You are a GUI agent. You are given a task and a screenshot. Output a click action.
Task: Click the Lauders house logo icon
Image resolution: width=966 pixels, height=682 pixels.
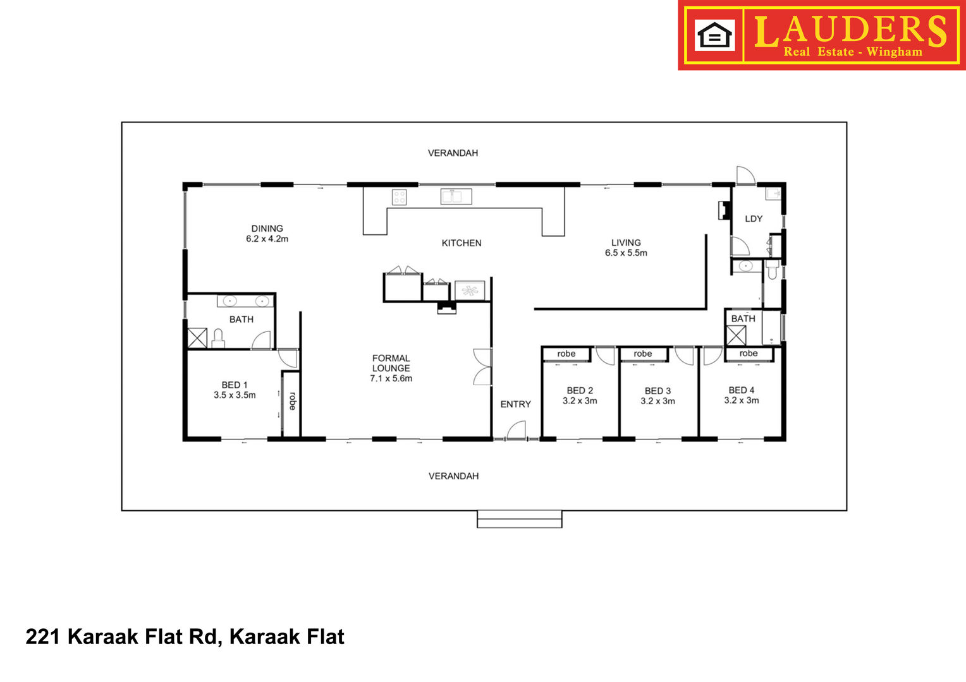pyautogui.click(x=714, y=35)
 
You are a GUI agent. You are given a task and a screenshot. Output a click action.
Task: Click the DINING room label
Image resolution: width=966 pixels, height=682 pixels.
pyautogui.click(x=267, y=229)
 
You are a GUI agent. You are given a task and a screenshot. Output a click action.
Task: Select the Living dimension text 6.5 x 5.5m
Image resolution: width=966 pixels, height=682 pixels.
pyautogui.click(x=626, y=253)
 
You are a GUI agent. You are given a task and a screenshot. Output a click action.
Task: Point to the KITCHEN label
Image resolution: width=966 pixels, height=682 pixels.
pyautogui.click(x=462, y=243)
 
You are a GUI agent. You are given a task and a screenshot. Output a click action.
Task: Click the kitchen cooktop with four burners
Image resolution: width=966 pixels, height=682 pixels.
pyautogui.click(x=400, y=197)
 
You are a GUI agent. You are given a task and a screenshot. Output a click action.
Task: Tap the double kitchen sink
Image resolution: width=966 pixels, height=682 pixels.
pyautogui.click(x=456, y=196)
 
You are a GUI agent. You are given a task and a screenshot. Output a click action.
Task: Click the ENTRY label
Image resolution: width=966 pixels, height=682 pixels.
pyautogui.click(x=516, y=404)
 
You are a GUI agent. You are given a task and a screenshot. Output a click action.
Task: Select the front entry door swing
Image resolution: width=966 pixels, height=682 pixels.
pyautogui.click(x=517, y=430)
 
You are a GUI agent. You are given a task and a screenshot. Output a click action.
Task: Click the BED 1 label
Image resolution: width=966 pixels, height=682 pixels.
pyautogui.click(x=235, y=385)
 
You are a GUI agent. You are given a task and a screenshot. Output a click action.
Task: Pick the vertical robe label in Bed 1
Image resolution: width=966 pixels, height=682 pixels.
pyautogui.click(x=292, y=400)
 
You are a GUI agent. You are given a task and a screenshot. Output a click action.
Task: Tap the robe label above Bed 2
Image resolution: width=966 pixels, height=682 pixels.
pyautogui.click(x=566, y=354)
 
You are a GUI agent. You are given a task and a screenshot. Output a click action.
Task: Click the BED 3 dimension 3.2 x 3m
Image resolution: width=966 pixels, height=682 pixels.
pyautogui.click(x=657, y=401)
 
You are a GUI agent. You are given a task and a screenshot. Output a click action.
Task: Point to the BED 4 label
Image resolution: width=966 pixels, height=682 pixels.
pyautogui.click(x=742, y=390)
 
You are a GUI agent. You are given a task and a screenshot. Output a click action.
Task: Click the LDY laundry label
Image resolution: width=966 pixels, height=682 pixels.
pyautogui.click(x=754, y=219)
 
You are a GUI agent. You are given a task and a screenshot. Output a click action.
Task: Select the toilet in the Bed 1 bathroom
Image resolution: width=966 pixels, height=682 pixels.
pyautogui.click(x=218, y=338)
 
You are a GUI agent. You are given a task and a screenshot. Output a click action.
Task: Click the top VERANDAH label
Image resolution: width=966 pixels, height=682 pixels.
pyautogui.click(x=453, y=153)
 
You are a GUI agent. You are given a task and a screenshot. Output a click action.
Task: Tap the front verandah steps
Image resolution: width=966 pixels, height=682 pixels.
pyautogui.click(x=519, y=518)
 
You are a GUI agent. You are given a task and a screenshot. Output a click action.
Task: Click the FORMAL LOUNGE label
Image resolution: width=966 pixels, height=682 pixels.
pyautogui.click(x=391, y=363)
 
